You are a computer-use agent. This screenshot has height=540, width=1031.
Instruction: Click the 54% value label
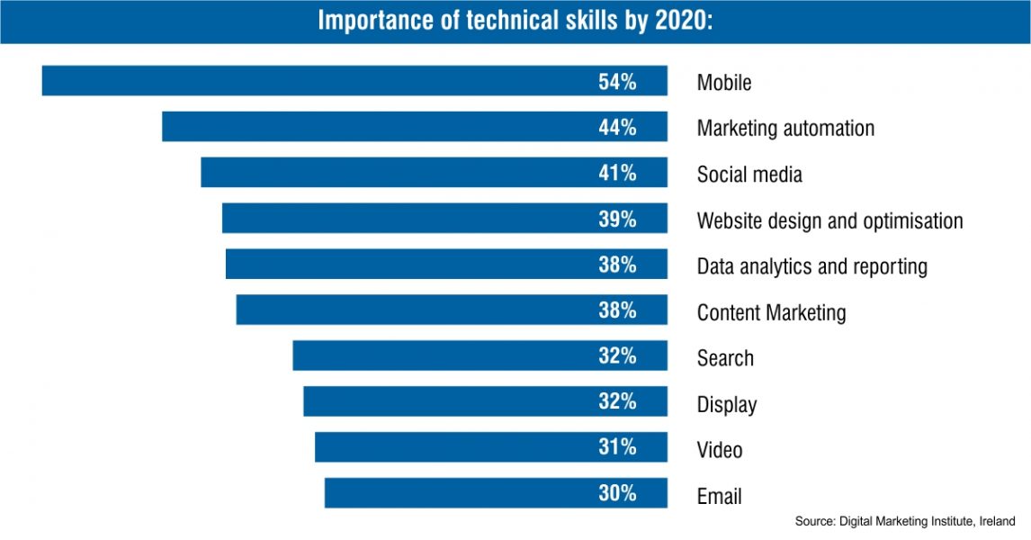click(617, 81)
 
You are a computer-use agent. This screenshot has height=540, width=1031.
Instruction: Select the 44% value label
click(617, 127)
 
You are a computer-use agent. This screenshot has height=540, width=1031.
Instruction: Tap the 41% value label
click(617, 173)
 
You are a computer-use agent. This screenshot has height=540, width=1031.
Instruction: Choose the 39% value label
click(617, 219)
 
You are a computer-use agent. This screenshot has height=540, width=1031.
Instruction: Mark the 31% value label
click(617, 447)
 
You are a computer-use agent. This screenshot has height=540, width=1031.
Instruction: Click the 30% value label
click(617, 493)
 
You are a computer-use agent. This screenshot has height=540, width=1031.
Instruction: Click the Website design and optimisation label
click(829, 220)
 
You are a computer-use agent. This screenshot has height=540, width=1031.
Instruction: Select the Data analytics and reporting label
click(811, 266)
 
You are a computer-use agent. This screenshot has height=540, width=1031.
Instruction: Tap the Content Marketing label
click(771, 312)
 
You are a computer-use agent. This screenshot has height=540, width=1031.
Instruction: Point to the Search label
click(725, 358)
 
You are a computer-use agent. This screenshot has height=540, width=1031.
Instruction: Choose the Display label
click(727, 404)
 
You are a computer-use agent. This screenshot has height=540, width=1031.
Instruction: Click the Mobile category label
click(724, 83)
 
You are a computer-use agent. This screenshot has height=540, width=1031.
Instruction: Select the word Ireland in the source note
click(997, 521)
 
